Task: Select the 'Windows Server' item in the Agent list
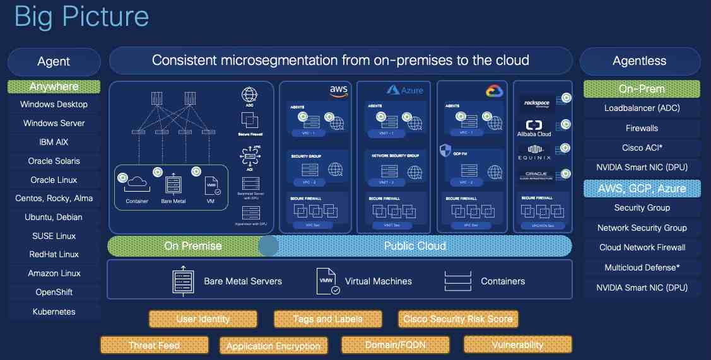(x=54, y=124)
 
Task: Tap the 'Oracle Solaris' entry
(x=54, y=161)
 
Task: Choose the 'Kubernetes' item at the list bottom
(x=54, y=311)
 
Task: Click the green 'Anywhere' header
(x=54, y=86)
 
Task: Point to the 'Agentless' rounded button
(x=639, y=61)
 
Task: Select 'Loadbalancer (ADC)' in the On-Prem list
(x=642, y=108)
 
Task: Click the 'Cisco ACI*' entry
(x=642, y=148)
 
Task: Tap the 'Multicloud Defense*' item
(x=642, y=267)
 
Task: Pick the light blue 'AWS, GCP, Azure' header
(x=642, y=188)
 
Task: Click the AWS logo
(x=339, y=91)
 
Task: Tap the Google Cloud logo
(x=493, y=91)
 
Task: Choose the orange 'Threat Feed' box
(x=154, y=345)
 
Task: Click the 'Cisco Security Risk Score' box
(x=458, y=319)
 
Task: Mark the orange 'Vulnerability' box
(x=517, y=345)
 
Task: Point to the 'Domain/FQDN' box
(x=395, y=345)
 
